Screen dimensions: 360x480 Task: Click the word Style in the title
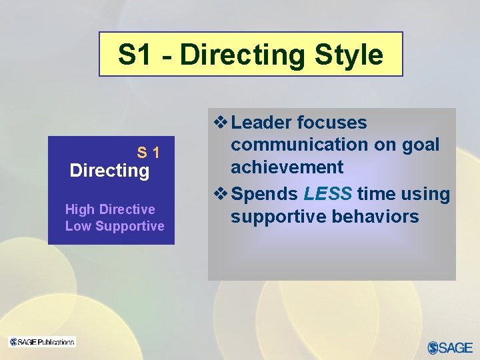[x=348, y=55]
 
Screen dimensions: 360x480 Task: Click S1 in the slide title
[x=135, y=55]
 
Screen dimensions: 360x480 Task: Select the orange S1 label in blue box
[x=148, y=153]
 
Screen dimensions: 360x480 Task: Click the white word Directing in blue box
[x=109, y=171]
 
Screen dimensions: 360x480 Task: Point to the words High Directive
[x=110, y=209]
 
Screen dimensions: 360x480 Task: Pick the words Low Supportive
[x=115, y=226]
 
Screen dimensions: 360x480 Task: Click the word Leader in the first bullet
[x=261, y=123]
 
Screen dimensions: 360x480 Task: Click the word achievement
[x=287, y=167]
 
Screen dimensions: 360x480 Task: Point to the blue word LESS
[x=327, y=194]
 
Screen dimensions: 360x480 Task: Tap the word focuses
[x=332, y=123]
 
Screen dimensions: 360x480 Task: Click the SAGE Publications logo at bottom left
[x=42, y=342]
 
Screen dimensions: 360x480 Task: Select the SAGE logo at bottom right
[x=450, y=347]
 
